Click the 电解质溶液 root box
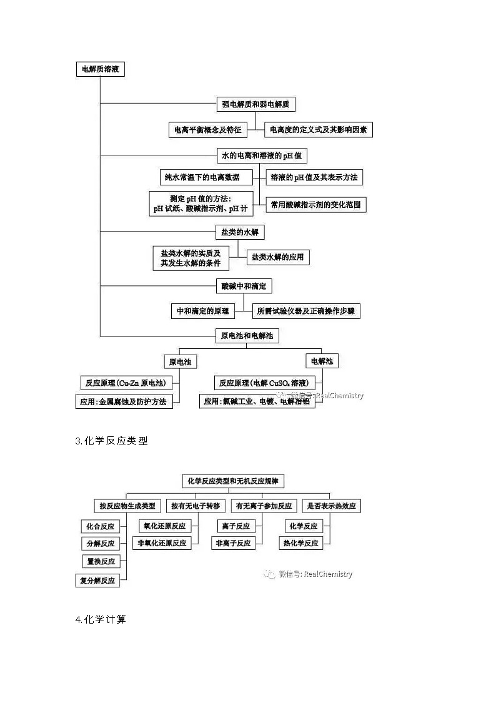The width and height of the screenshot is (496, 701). tap(100, 70)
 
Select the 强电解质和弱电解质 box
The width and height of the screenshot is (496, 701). tap(255, 104)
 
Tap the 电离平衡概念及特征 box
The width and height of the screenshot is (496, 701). tap(208, 130)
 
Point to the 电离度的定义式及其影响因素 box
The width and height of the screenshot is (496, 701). tap(319, 130)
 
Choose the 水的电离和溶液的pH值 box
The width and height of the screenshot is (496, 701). tap(262, 155)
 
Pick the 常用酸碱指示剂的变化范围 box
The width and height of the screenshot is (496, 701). tap(316, 204)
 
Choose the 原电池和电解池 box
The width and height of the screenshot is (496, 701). tap(247, 336)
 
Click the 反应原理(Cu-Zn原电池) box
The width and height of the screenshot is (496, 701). tap(126, 383)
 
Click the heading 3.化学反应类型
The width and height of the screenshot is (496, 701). tap(112, 441)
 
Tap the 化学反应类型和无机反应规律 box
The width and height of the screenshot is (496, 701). tap(233, 481)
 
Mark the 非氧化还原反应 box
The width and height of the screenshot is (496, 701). tap(162, 543)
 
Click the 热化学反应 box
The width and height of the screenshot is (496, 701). tap(300, 543)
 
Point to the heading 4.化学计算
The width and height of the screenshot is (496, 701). tap(101, 620)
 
